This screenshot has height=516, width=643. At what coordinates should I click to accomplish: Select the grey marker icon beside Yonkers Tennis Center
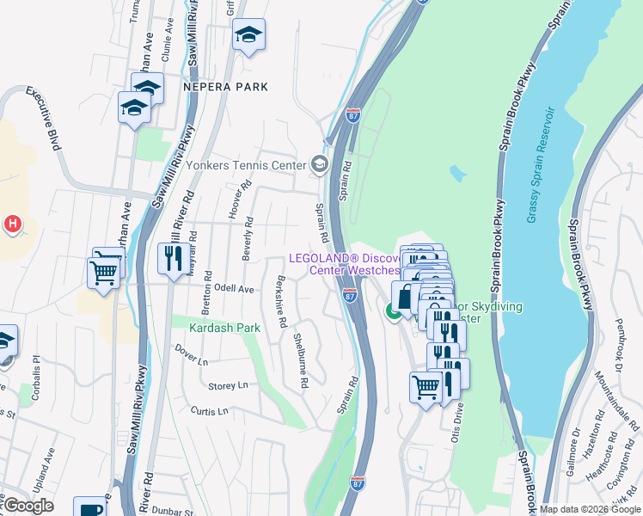[x=320, y=163]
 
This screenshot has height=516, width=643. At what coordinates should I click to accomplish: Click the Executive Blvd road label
[x=43, y=119]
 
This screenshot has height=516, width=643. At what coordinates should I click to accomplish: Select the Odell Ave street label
[x=235, y=290]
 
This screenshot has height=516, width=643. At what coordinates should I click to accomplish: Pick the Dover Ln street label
[x=192, y=351]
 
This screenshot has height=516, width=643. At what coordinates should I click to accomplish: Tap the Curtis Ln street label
[x=210, y=411]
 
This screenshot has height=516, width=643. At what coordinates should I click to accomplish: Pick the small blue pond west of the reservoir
[x=457, y=175]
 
